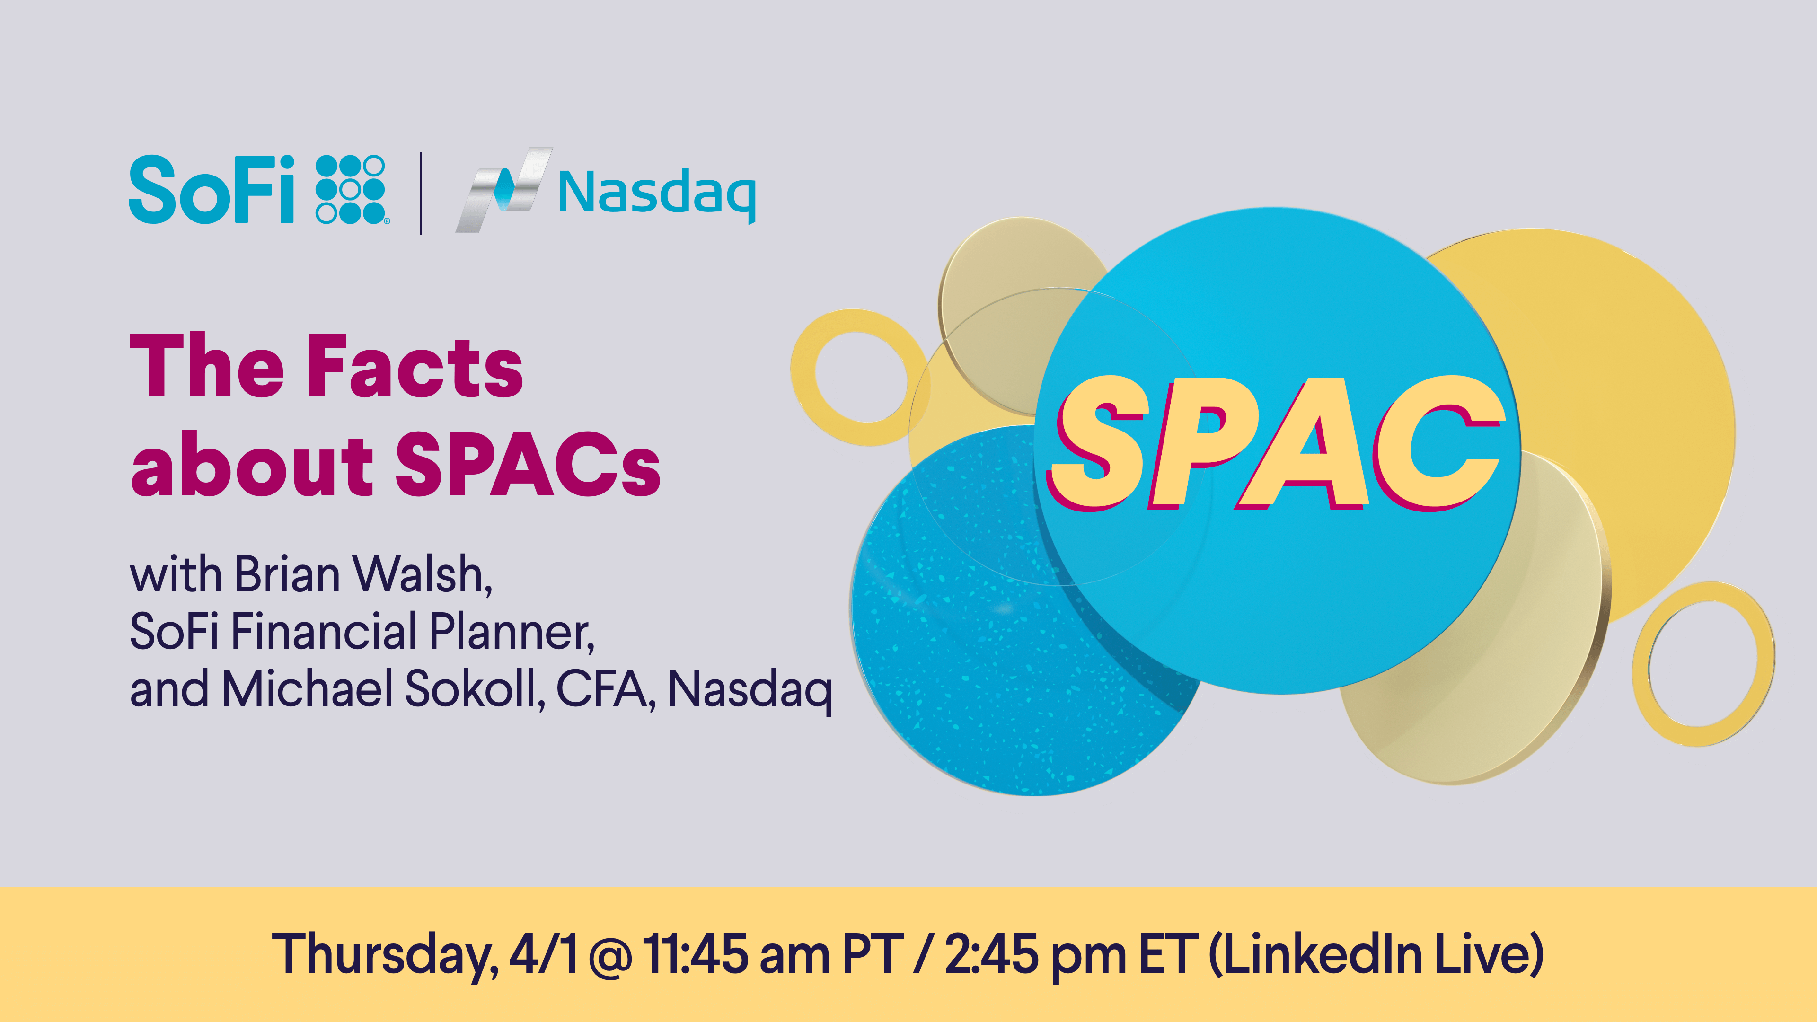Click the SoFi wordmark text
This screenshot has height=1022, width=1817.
[x=211, y=189]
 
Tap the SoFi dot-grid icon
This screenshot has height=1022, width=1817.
[x=351, y=190]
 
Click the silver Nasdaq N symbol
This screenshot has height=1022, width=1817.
[x=503, y=190]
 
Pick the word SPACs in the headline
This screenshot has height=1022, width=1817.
[x=528, y=463]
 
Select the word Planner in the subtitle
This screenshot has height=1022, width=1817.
[x=512, y=631]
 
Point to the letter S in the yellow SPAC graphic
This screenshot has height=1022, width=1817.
[x=1096, y=442]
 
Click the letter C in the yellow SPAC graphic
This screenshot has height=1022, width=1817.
[x=1437, y=442]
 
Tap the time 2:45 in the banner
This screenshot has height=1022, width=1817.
[x=992, y=953]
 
